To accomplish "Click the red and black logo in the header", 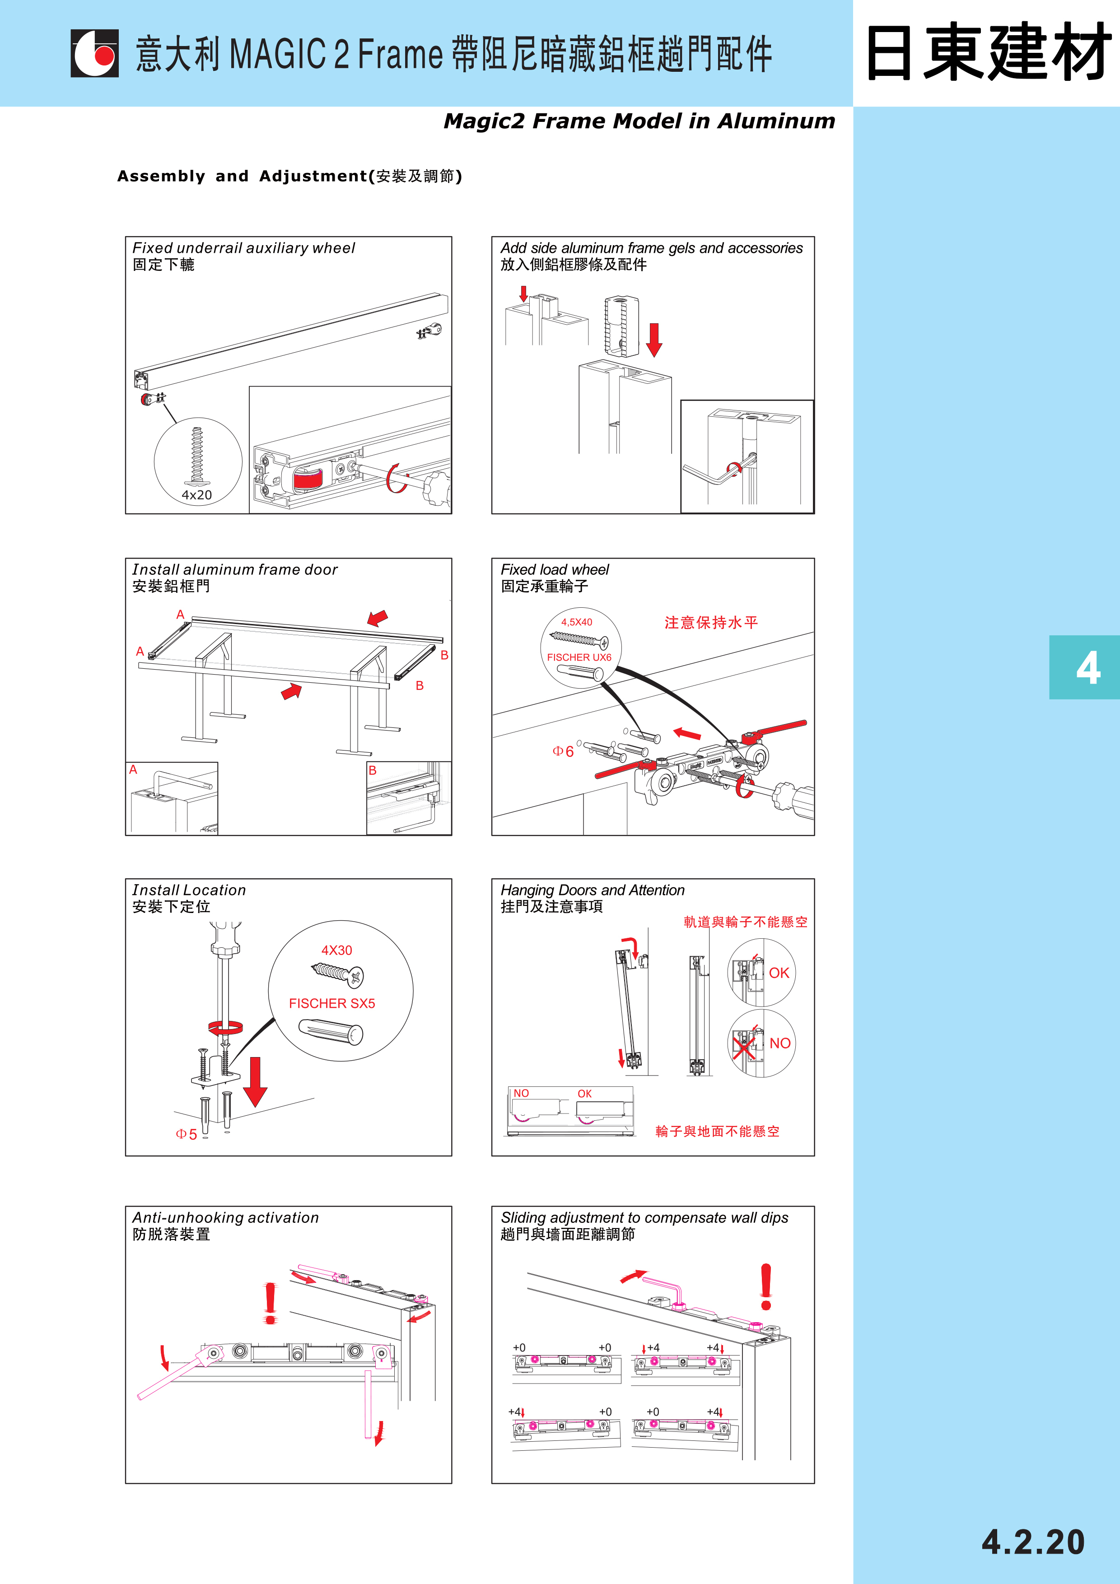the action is point(94,53).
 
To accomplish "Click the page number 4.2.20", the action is point(1032,1542).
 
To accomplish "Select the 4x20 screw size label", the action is point(196,494).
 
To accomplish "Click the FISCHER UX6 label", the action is point(579,657).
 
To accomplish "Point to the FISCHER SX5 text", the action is point(332,1003).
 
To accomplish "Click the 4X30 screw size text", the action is point(337,950).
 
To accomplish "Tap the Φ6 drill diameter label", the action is point(563,751).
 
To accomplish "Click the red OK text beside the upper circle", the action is point(779,973).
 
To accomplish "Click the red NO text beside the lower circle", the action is point(780,1043).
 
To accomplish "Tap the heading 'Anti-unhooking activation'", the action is point(226,1218).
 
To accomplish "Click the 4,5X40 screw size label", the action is point(576,622).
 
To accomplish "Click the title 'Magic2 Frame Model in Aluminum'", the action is point(639,121).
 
